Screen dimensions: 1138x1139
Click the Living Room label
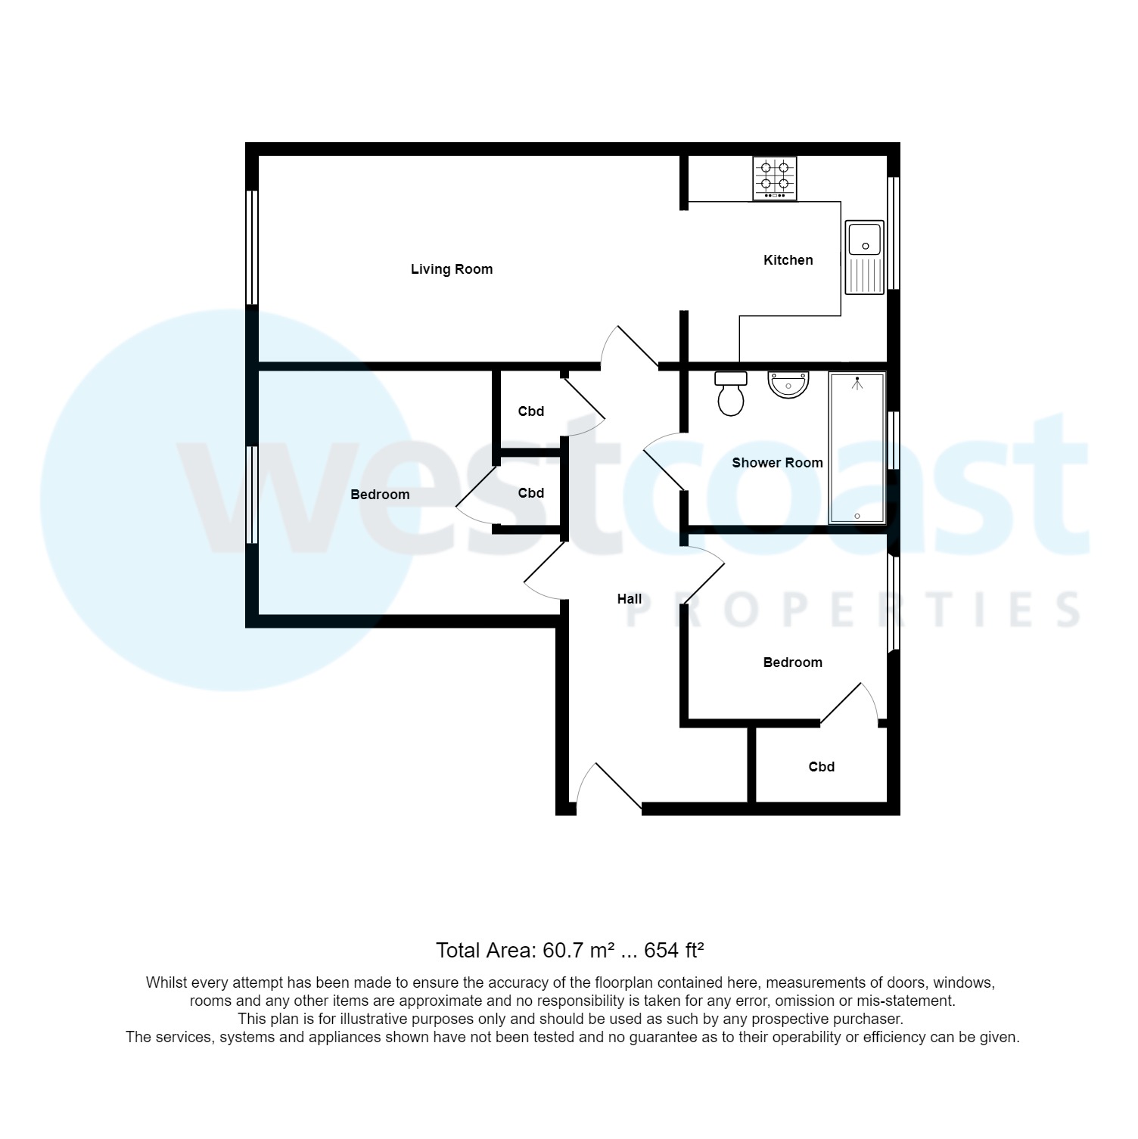tap(452, 269)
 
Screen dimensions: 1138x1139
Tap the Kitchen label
tap(788, 260)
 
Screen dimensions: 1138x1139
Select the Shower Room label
tap(777, 463)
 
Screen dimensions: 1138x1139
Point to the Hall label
tap(630, 599)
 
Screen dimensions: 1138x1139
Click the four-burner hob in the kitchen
tap(775, 178)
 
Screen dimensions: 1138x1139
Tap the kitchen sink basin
tap(864, 238)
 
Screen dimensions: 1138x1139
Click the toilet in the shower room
tap(731, 393)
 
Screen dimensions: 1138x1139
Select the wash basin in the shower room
tap(788, 384)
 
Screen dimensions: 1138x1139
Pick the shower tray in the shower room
tap(857, 448)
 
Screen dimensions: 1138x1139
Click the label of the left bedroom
tap(380, 495)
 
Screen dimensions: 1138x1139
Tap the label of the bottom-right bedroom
tap(792, 663)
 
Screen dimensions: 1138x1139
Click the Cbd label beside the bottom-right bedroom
tap(822, 767)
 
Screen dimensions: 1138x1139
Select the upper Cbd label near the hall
tap(531, 411)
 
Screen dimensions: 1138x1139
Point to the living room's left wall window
tap(253, 247)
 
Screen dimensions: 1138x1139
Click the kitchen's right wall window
tap(894, 234)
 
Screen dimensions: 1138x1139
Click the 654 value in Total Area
tap(662, 951)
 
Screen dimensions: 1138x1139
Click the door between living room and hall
tap(630, 346)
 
